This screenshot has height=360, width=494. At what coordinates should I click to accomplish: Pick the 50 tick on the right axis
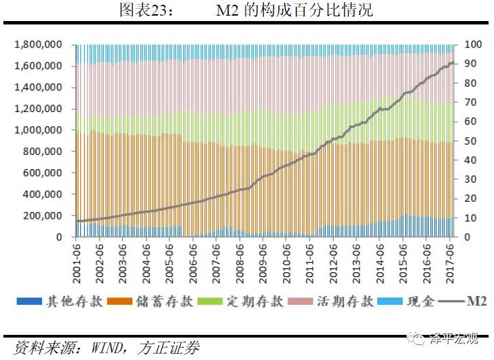[x=470, y=141]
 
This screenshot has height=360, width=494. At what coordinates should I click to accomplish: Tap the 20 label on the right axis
[x=470, y=199]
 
